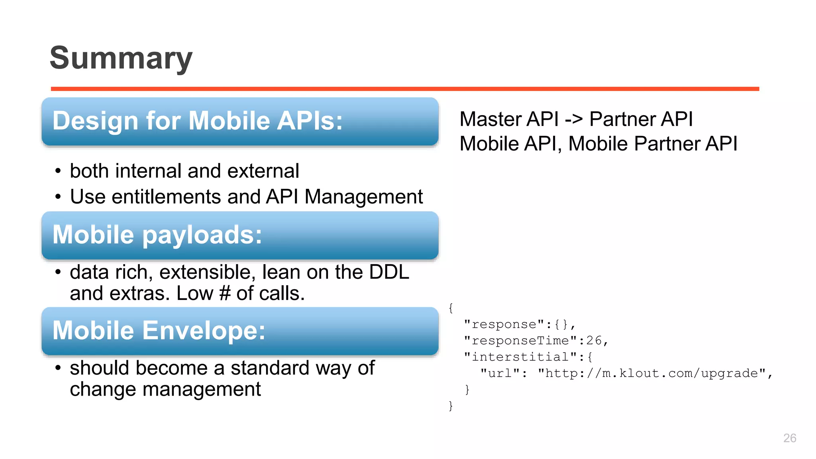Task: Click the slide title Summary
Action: (x=121, y=58)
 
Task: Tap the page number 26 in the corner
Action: (x=789, y=438)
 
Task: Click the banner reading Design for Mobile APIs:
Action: (x=240, y=121)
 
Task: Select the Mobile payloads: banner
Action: (x=240, y=235)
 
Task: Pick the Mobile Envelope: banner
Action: (x=240, y=331)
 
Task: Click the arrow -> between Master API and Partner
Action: (x=574, y=119)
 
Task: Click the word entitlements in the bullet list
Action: (x=166, y=197)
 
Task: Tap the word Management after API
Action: (x=363, y=197)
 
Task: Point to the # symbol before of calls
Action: (x=225, y=294)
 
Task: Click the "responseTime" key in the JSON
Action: (x=520, y=341)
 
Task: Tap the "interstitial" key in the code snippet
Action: (x=520, y=357)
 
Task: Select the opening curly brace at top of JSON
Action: (x=451, y=308)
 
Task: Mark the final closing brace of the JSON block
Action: (x=451, y=406)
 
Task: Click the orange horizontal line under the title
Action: (x=405, y=89)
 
